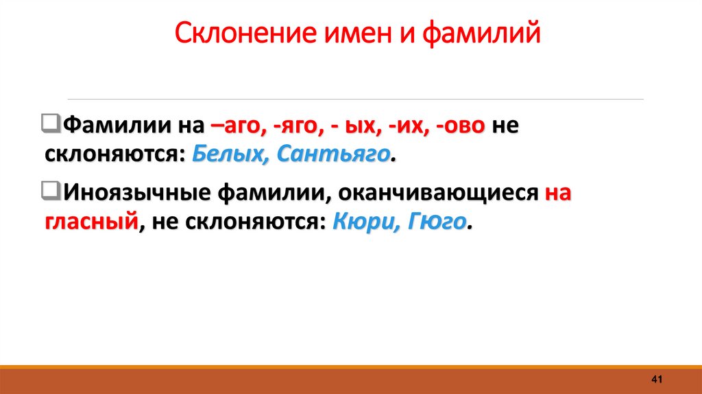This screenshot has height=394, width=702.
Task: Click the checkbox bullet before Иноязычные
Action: click(x=51, y=190)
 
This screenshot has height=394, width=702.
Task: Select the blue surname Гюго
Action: click(x=439, y=222)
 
